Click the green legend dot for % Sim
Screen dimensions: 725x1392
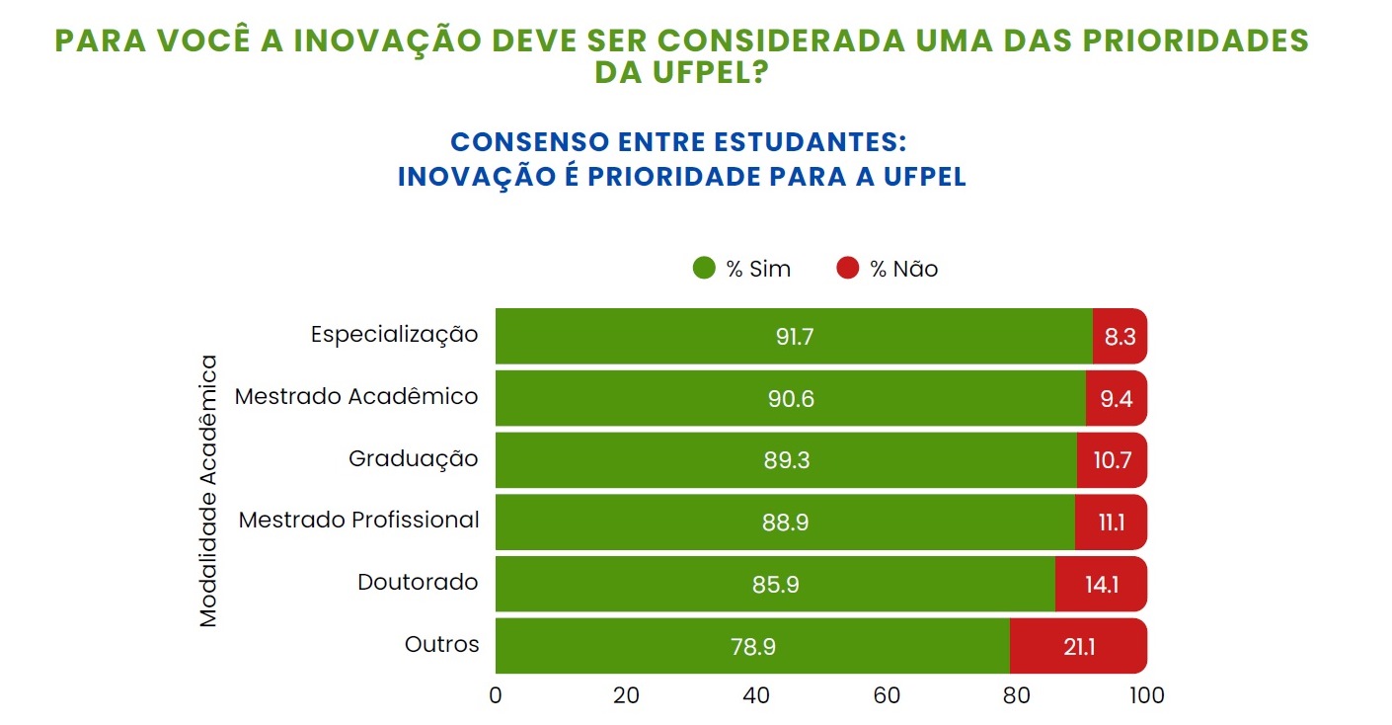704,269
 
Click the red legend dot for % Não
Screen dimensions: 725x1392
847,269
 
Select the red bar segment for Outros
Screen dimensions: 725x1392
1077,646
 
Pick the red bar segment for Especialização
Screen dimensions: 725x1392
1120,336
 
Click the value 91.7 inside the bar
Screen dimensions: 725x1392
794,337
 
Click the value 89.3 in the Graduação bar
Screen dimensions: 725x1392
787,460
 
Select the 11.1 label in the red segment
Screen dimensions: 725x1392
1112,523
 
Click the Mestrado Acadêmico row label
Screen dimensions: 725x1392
356,397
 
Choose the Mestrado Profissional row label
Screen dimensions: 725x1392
358,520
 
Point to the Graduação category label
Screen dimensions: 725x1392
413,459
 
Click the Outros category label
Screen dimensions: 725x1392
441,645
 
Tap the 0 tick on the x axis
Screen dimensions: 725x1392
496,695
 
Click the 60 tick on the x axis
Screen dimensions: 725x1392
887,695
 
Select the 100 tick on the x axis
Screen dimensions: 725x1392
1146,695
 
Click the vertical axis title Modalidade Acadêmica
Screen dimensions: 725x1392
208,490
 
